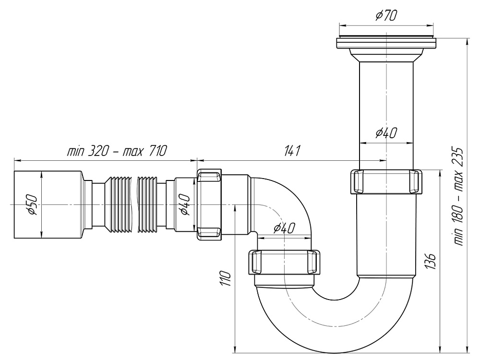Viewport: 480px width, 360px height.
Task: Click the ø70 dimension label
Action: pyautogui.click(x=386, y=16)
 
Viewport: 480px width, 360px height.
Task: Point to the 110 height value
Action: pyautogui.click(x=226, y=278)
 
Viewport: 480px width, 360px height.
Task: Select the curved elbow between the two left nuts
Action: pyautogui.click(x=281, y=202)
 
